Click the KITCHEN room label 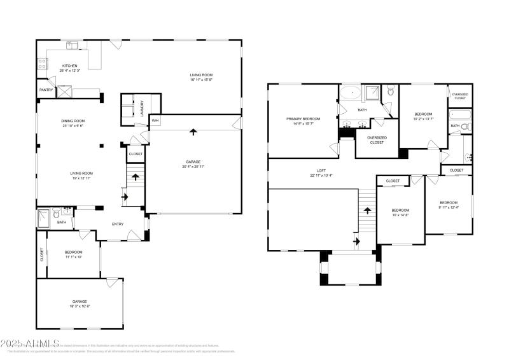(x=69, y=66)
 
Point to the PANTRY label (x=46, y=90)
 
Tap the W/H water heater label (x=155, y=120)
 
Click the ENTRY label (x=118, y=224)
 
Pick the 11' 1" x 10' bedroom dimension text (x=74, y=257)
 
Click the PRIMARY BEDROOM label (x=303, y=119)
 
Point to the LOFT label (x=322, y=170)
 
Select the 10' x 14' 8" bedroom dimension (x=400, y=215)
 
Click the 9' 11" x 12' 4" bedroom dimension (x=449, y=207)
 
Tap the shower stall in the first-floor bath (x=45, y=215)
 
